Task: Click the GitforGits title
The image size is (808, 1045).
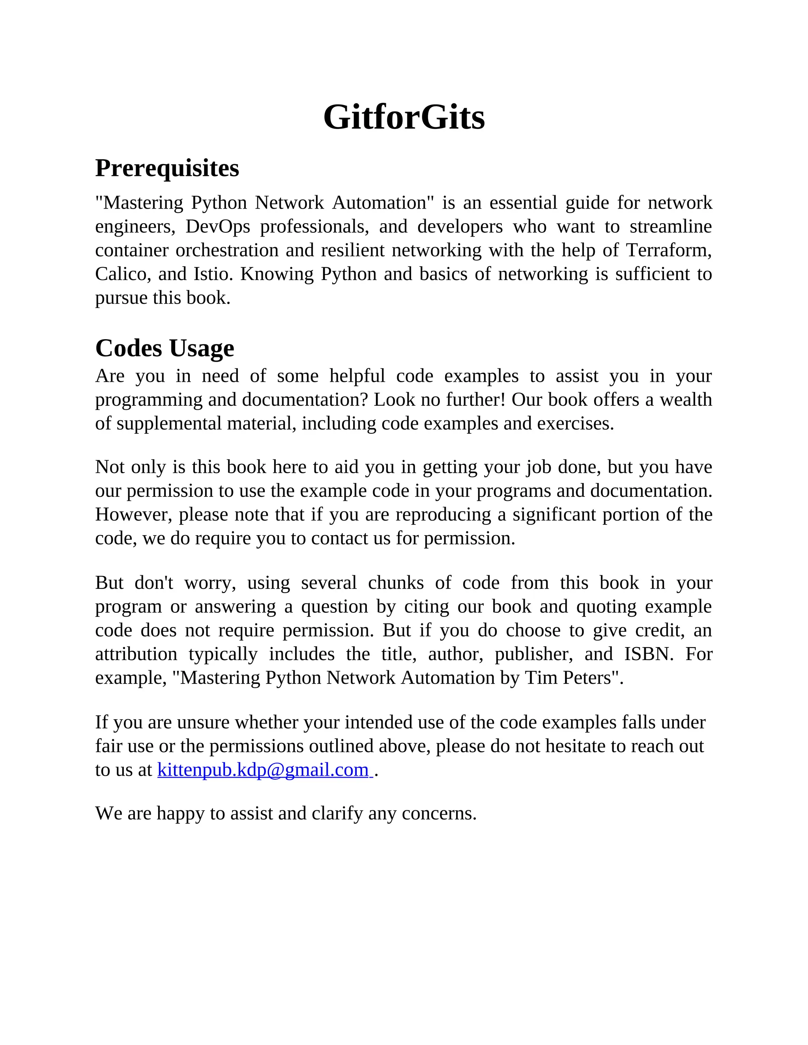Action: [x=404, y=117]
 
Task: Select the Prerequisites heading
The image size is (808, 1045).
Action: [x=167, y=168]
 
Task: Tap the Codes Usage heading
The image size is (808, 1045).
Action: [x=165, y=348]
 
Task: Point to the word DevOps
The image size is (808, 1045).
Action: [x=218, y=227]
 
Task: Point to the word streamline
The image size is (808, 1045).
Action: [x=671, y=227]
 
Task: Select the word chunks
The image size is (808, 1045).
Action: [x=395, y=583]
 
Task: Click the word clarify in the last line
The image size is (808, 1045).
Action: [x=337, y=814]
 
